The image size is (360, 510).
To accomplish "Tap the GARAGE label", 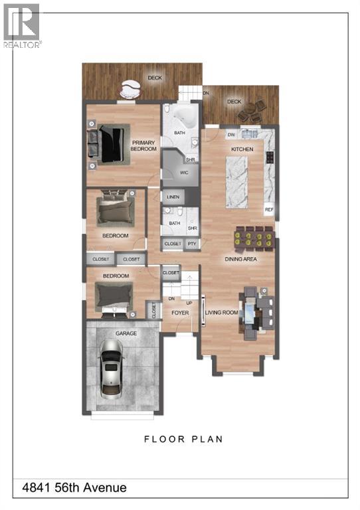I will click(x=126, y=333).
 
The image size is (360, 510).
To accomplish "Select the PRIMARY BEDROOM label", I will click(x=143, y=145).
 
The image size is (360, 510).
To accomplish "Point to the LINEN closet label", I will click(x=174, y=198).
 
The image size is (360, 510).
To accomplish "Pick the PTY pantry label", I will click(x=192, y=244).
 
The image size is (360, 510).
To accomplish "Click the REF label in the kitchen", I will click(x=269, y=210).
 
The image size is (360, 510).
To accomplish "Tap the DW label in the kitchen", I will click(x=231, y=135).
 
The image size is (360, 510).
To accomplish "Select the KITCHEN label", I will click(x=242, y=150).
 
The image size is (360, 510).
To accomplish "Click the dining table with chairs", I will click(x=254, y=237).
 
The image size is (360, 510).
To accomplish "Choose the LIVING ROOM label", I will click(x=221, y=312).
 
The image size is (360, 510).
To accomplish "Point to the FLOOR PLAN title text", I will click(x=183, y=439).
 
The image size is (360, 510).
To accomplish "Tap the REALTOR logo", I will click(x=22, y=25).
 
